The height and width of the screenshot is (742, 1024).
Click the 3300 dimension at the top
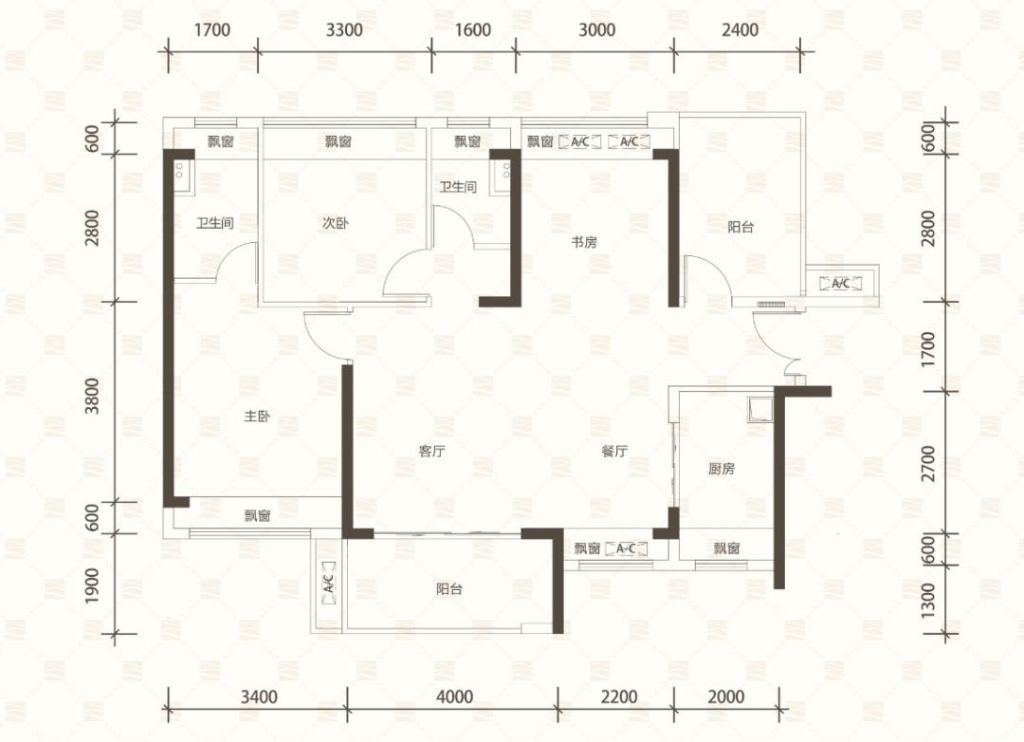(x=344, y=30)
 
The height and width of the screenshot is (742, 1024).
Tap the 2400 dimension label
(x=740, y=30)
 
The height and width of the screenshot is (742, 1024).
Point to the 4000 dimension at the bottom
(x=454, y=696)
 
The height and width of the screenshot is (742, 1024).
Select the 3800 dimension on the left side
(x=92, y=396)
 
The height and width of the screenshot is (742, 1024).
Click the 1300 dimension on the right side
(x=927, y=599)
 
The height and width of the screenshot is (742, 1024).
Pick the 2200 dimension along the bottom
(x=618, y=696)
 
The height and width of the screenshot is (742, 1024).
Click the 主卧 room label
(x=257, y=416)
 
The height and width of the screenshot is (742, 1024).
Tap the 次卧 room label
(x=335, y=223)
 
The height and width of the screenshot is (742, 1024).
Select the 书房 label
(x=584, y=242)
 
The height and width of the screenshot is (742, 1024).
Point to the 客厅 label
(x=431, y=451)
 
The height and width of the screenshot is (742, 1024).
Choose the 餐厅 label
(x=614, y=451)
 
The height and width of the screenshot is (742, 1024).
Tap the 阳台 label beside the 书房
(x=741, y=227)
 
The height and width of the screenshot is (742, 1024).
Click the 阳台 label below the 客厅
(x=449, y=589)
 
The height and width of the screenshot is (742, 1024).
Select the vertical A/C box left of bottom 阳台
(x=329, y=579)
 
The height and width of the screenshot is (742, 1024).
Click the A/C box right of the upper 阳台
(x=840, y=283)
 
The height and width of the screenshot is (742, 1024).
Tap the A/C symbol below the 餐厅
(x=626, y=548)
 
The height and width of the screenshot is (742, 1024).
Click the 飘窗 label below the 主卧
(x=257, y=516)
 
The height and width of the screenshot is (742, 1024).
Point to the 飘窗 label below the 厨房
(x=726, y=548)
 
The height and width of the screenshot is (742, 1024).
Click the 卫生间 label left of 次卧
(x=215, y=223)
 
